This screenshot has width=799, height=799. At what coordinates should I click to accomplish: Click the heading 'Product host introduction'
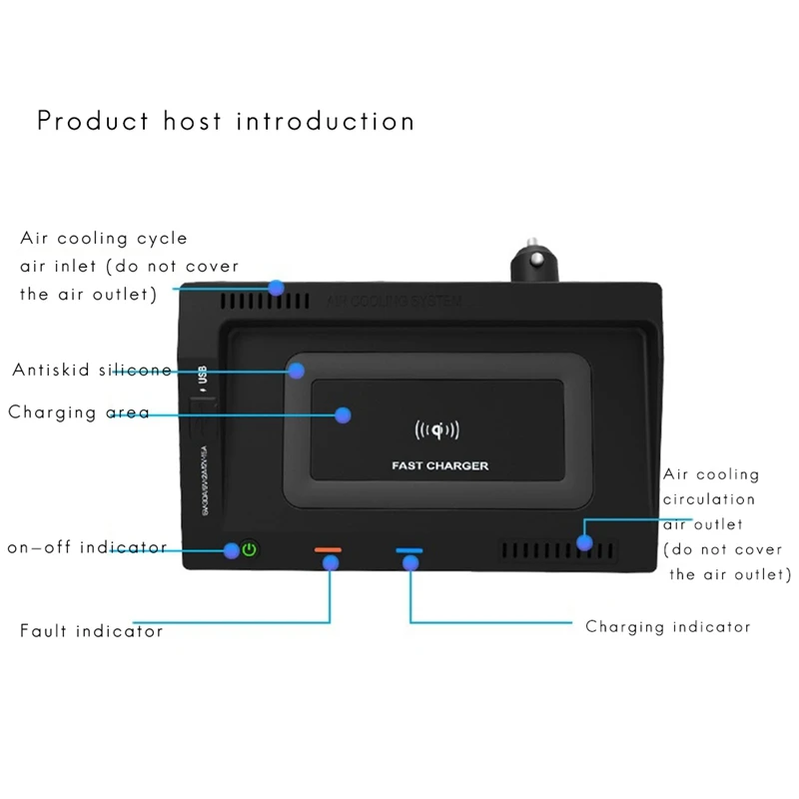(x=226, y=122)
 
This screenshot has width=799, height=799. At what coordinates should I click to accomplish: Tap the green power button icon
(x=250, y=548)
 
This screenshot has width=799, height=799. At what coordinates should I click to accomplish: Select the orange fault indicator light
(x=328, y=548)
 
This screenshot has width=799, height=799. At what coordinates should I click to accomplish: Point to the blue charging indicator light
(x=409, y=549)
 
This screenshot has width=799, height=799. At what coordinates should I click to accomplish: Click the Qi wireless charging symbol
(x=436, y=431)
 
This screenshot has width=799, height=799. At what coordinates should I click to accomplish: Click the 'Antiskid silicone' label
(x=92, y=371)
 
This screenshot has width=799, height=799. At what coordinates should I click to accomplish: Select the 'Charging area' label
(x=79, y=412)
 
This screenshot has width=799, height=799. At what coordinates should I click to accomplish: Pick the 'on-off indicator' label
(x=86, y=547)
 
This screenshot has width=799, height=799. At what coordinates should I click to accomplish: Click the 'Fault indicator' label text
(x=92, y=631)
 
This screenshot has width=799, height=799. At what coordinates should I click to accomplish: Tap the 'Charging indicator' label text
(x=668, y=627)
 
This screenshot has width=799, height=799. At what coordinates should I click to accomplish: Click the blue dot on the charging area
(x=344, y=413)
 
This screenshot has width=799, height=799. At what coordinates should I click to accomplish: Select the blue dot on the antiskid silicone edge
(x=296, y=371)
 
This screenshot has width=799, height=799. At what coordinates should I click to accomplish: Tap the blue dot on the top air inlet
(x=277, y=288)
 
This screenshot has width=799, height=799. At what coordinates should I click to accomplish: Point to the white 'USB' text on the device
(x=202, y=377)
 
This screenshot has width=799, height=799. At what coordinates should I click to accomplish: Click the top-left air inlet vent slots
(x=243, y=300)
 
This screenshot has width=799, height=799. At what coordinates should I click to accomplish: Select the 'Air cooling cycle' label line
(x=104, y=240)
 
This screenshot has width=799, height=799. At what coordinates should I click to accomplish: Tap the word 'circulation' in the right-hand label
(x=710, y=498)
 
